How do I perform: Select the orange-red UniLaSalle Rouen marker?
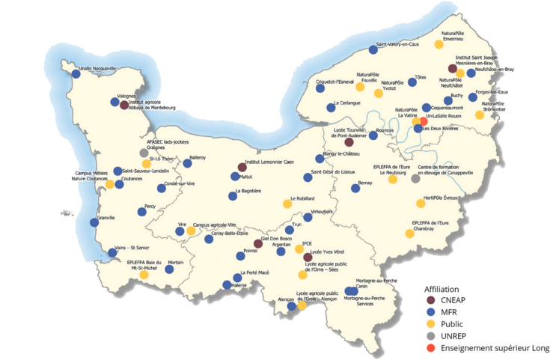coord(424,120)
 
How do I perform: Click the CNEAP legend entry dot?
coord(430,300)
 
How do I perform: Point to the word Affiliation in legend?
coord(442,288)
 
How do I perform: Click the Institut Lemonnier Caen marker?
coord(242,168)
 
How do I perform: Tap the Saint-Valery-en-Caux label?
coord(397,44)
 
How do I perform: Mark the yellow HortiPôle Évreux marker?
coord(421,203)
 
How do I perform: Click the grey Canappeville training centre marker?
coord(415,178)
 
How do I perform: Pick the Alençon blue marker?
coord(292,306)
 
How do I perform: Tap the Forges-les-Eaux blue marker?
coord(473,97)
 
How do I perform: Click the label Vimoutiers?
coord(321,212)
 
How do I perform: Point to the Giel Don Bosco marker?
coord(258,243)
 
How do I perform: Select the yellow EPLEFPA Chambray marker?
coord(409,234)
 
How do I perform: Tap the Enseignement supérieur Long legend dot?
coord(430,347)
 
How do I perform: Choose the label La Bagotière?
coord(248,191)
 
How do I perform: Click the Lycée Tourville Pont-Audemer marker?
coord(349,141)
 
